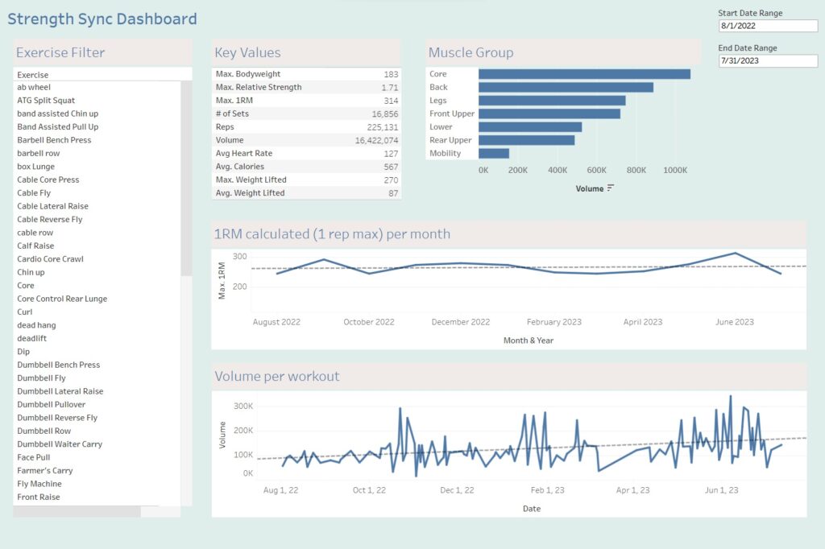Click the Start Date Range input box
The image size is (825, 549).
tap(767, 26)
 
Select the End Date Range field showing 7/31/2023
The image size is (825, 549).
tap(767, 60)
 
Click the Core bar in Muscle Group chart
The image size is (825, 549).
tap(583, 74)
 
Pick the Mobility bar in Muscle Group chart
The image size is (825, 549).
tap(493, 153)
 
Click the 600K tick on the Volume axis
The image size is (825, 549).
tap(596, 170)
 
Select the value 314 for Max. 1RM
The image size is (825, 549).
tap(392, 101)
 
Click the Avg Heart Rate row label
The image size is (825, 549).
tap(244, 153)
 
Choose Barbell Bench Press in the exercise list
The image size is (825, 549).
tap(54, 140)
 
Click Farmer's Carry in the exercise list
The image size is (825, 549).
tap(44, 470)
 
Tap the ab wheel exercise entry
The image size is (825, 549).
tap(34, 88)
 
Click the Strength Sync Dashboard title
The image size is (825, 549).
tap(102, 19)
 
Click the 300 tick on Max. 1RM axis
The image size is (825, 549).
tap(239, 256)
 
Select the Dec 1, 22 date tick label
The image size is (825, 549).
tap(458, 490)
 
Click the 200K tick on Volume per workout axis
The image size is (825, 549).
tap(243, 430)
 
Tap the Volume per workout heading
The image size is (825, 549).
tap(276, 376)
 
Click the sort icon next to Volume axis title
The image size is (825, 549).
tap(611, 188)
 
